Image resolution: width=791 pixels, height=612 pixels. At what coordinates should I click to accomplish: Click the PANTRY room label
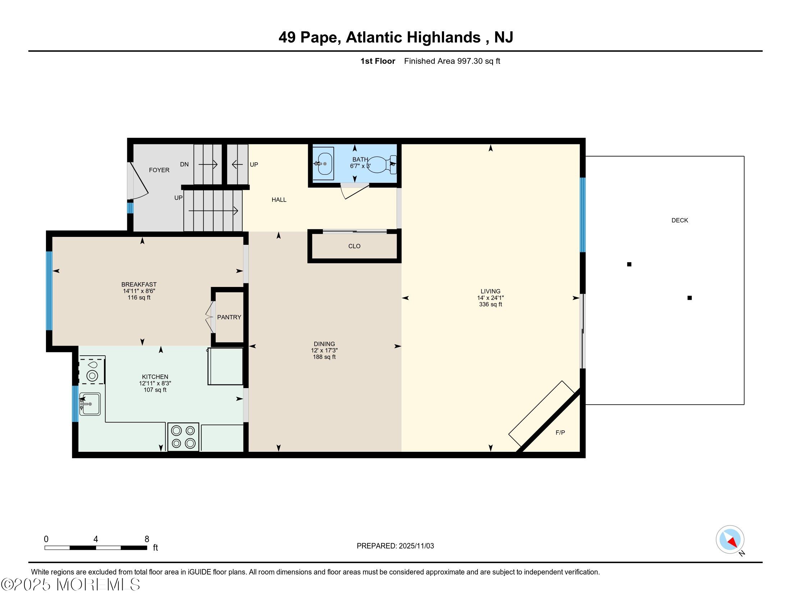229,317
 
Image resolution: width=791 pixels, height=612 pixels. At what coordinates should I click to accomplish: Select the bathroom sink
323,163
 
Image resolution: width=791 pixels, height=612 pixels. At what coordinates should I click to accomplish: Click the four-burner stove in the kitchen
183,437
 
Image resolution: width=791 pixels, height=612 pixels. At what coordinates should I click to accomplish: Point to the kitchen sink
90,404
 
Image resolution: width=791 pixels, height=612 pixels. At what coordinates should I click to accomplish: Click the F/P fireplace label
560,432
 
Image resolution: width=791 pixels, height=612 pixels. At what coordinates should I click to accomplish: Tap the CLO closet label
354,246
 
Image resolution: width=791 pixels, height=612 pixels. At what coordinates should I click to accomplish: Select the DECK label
680,220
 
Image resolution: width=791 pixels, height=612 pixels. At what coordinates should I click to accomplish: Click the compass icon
730,540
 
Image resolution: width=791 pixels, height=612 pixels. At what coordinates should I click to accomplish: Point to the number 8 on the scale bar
147,539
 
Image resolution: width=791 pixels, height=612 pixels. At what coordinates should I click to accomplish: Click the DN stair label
184,164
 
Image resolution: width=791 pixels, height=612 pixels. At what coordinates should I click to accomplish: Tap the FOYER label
159,170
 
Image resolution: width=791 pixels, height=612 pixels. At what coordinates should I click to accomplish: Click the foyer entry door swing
140,181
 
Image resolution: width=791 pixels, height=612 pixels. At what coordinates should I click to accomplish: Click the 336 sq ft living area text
490,305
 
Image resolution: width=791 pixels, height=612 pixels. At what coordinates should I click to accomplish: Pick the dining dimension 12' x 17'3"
324,351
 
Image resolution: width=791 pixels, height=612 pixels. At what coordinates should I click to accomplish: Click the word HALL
279,200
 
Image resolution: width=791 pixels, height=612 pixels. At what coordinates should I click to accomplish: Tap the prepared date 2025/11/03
416,546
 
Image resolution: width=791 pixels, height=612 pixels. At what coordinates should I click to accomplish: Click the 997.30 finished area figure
470,61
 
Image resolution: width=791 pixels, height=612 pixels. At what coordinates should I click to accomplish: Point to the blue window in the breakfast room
49,291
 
